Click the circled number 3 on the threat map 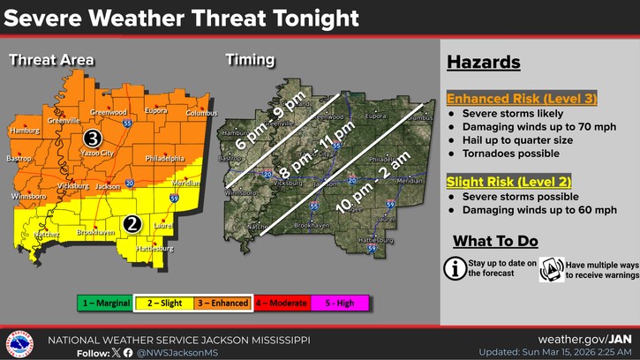click(92, 139)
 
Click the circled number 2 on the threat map click(132, 223)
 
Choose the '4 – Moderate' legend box click(282, 303)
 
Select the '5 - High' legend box click(340, 303)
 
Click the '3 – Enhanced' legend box click(222, 303)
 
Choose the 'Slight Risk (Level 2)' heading click(496, 182)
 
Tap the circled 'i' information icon click(455, 268)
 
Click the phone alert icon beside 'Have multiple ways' click(552, 269)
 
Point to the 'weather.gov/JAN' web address click(585, 339)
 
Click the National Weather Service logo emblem click(19, 343)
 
